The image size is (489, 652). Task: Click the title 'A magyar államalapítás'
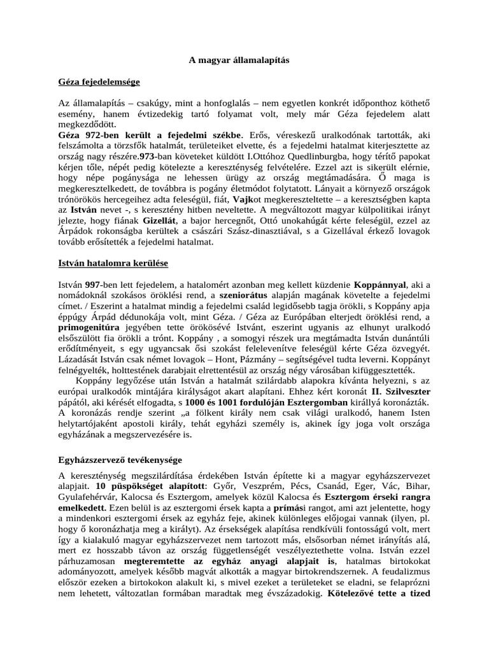[x=239, y=60]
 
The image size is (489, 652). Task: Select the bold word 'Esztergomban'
[x=315, y=404]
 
